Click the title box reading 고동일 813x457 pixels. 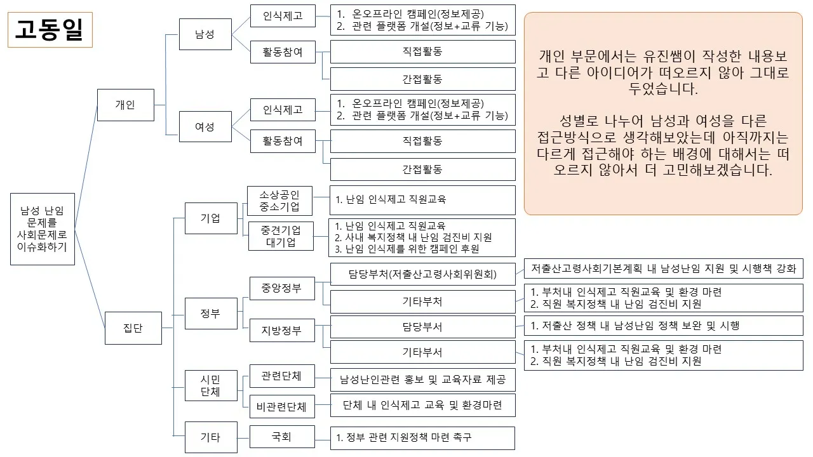pos(50,30)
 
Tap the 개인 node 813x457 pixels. pos(125,105)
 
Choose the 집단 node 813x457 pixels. pos(133,328)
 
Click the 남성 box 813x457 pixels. pos(205,35)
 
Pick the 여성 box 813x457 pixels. pos(205,127)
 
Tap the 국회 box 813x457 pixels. pos(281,437)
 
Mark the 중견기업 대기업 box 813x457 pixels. pos(281,235)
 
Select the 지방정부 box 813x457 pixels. pos(281,331)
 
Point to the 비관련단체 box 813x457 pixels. pos(281,406)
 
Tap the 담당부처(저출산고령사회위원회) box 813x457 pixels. pos(422,274)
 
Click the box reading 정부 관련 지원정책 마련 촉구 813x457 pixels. pos(422,437)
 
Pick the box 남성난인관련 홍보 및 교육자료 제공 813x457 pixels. pos(422,380)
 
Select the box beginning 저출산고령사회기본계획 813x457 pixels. pos(663,268)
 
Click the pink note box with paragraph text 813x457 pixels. pos(663,114)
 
